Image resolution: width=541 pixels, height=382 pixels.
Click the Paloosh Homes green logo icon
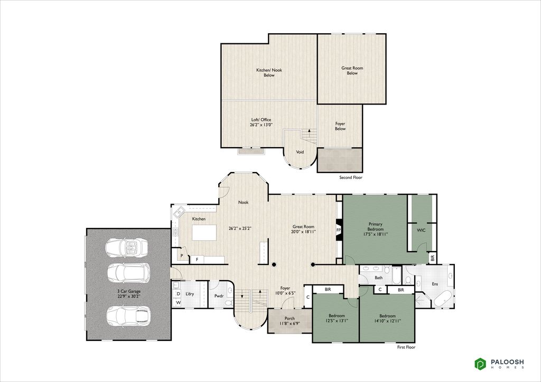coord(480,364)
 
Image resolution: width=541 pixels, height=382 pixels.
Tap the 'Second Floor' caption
coord(351,177)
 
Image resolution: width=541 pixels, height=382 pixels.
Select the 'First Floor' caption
coord(406,347)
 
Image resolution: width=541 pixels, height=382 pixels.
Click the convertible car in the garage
coord(127,247)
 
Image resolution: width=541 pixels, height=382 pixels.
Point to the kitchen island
coord(204,233)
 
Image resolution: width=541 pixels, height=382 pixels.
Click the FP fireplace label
coord(339,230)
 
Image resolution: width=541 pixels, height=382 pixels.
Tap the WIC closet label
coord(421,230)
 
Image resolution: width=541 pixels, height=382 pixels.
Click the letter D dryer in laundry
coord(179,294)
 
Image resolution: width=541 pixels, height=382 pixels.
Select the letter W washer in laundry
coord(179,303)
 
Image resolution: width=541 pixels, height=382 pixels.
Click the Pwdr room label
coord(219,296)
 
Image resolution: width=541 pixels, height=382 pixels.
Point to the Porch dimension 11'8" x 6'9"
coord(290,323)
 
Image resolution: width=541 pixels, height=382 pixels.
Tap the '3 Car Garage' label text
coord(129,291)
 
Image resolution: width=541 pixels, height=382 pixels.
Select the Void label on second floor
coord(300,152)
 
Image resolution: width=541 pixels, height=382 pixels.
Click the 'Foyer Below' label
coord(340,126)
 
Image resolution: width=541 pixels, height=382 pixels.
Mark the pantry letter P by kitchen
coord(182,256)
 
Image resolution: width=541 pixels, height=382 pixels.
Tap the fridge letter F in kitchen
coord(197,260)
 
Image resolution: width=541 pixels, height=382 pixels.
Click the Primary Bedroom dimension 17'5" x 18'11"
coord(376,234)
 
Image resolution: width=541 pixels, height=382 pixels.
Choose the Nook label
coord(243,202)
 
